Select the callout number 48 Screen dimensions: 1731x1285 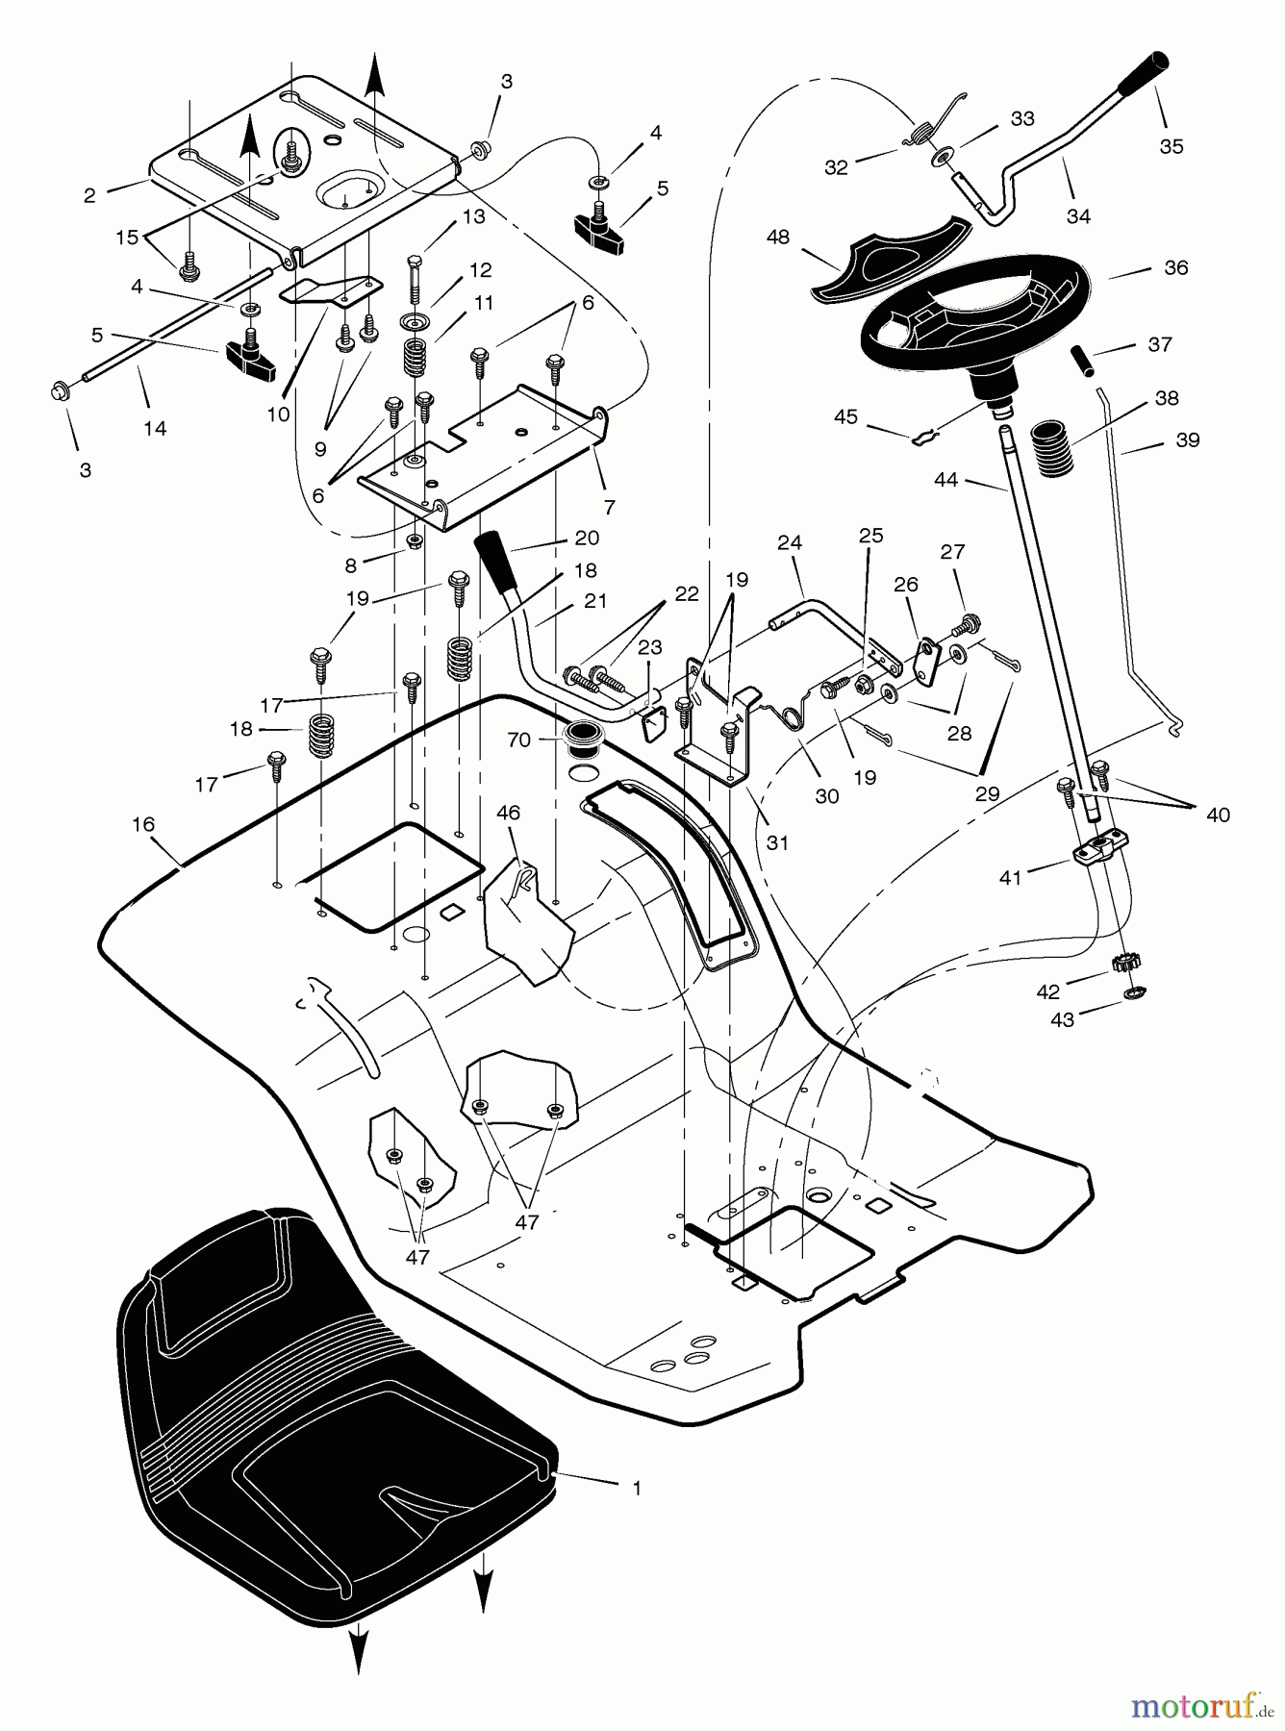(x=777, y=237)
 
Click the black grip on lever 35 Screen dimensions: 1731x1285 (x=1147, y=71)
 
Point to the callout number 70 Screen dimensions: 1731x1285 (x=518, y=740)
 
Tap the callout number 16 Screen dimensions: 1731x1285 (x=143, y=824)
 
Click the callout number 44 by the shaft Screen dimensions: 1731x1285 (x=945, y=478)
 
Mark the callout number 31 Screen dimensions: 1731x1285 (x=777, y=842)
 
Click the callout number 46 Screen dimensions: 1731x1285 (x=508, y=814)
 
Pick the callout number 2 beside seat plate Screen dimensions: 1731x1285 (x=89, y=195)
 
